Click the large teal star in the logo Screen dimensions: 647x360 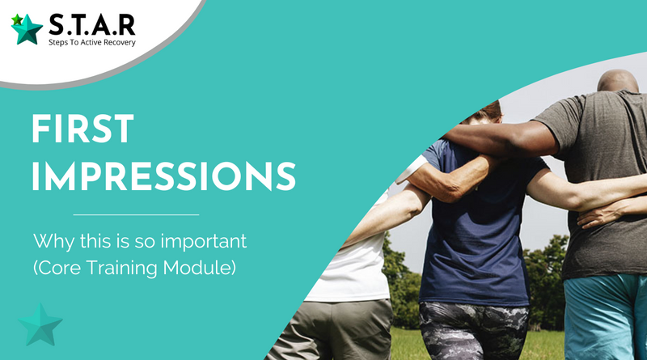(x=27, y=30)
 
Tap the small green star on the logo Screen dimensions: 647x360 (x=16, y=19)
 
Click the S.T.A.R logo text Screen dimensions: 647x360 (x=92, y=25)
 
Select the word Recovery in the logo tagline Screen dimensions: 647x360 (x=120, y=43)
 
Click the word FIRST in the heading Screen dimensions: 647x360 (x=82, y=129)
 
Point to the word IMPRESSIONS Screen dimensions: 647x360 (x=164, y=176)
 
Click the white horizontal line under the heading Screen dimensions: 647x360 (x=136, y=214)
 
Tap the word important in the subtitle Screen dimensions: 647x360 (x=204, y=242)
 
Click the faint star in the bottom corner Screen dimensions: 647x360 (x=40, y=325)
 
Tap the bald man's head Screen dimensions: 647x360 (x=618, y=81)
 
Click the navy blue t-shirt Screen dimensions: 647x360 (x=479, y=227)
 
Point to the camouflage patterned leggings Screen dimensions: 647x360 (x=473, y=330)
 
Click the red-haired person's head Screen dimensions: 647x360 (x=484, y=112)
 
